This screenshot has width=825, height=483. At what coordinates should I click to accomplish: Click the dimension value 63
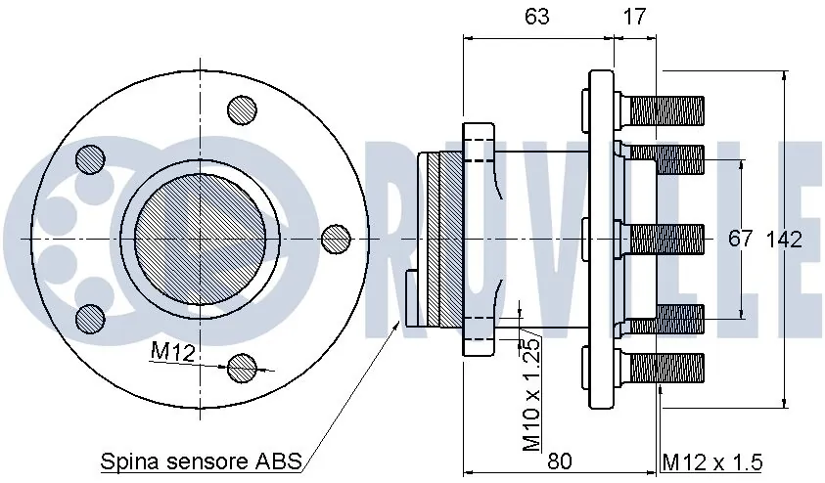click(x=537, y=17)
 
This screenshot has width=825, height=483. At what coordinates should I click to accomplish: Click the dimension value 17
click(x=633, y=17)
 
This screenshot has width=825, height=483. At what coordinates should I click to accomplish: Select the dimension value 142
click(x=784, y=240)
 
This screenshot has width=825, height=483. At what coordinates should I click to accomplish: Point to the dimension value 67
click(x=741, y=240)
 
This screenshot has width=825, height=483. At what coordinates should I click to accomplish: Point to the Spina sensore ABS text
click(x=202, y=461)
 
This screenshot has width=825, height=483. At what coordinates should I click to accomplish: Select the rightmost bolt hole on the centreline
click(x=336, y=238)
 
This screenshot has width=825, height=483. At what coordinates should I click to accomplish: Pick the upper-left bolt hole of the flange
click(x=90, y=158)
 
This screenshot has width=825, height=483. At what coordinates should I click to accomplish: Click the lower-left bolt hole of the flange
click(x=90, y=316)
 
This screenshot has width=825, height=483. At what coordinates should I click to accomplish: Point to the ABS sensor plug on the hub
click(x=412, y=298)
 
